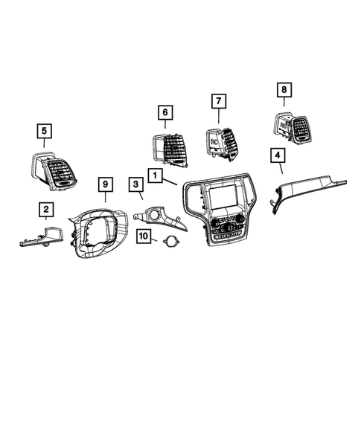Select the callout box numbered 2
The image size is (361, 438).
click(x=46, y=210)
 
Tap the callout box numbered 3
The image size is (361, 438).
click(x=136, y=184)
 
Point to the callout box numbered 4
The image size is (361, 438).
click(x=277, y=155)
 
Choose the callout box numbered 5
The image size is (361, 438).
click(x=45, y=132)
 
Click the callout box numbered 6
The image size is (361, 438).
click(x=164, y=112)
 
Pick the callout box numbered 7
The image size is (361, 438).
click(x=218, y=100)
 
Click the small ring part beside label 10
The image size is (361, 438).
click(x=171, y=242)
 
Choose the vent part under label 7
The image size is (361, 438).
click(x=221, y=141)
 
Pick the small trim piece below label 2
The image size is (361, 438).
click(x=37, y=238)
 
